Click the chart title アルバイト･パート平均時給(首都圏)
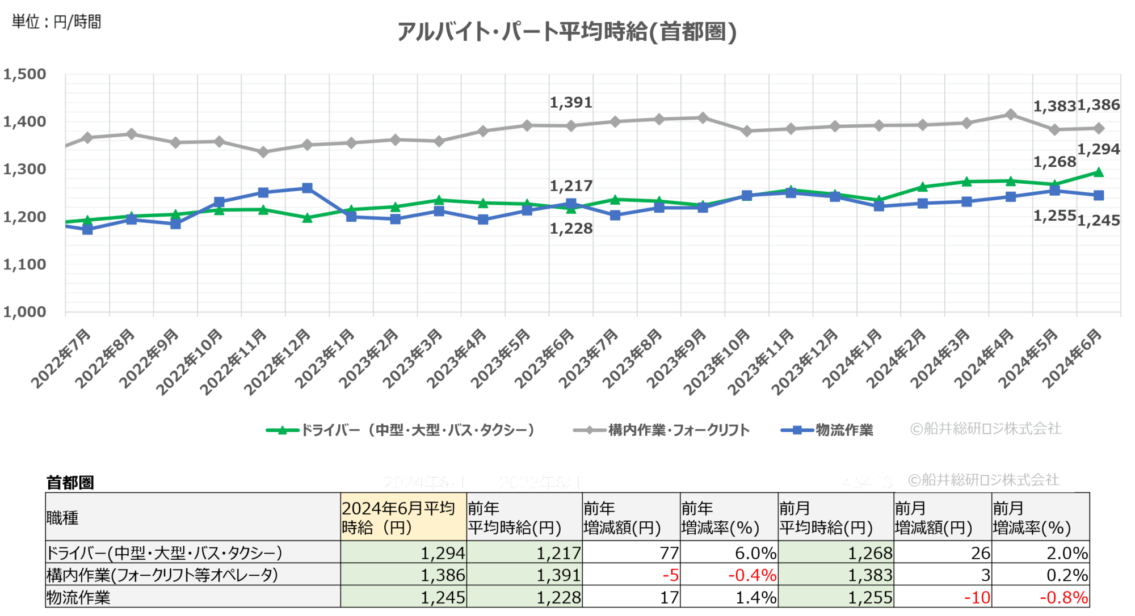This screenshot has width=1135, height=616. [x=566, y=32]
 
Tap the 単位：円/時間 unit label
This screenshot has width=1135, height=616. [x=56, y=22]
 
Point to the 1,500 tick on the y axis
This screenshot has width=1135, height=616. [x=25, y=74]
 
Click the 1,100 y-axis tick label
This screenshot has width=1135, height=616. [x=25, y=264]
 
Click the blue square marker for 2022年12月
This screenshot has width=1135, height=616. [x=307, y=188]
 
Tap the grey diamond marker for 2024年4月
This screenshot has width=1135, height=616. [x=1011, y=114]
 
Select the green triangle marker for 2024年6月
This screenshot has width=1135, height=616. [x=1099, y=172]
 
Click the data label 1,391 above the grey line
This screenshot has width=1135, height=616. [x=570, y=103]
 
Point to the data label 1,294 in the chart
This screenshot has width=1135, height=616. [x=1098, y=149]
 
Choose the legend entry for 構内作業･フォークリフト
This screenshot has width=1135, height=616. [x=662, y=430]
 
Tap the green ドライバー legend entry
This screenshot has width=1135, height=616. [x=401, y=430]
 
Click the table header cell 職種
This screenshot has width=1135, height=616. [x=62, y=517]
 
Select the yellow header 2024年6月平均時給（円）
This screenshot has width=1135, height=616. [x=403, y=517]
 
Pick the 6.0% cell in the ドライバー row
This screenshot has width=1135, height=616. [x=755, y=552]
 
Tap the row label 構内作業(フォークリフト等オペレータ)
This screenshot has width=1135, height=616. [x=162, y=575]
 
